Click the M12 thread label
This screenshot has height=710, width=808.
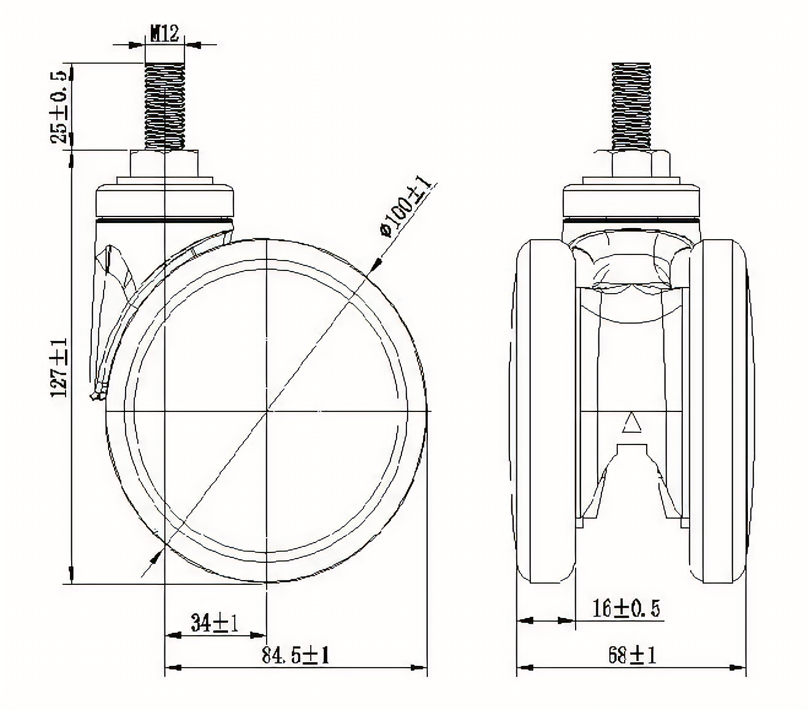tap(165, 34)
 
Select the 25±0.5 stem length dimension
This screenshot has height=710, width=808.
tap(58, 107)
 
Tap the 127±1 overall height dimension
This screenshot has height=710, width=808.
tap(58, 367)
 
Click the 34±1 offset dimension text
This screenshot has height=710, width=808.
tap(214, 623)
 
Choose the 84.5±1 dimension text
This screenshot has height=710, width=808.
tap(295, 655)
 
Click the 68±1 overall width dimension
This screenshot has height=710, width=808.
tap(632, 655)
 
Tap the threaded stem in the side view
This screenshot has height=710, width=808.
tap(164, 106)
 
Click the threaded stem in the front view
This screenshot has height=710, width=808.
tap(631, 107)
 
